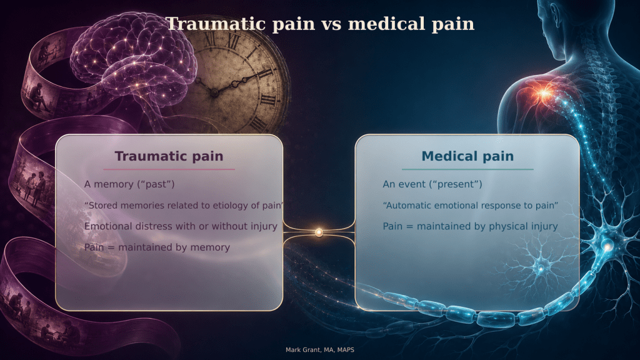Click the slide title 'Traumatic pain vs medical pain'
coord(320,24)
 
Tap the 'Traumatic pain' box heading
coord(169,156)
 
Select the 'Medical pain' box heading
coord(467,156)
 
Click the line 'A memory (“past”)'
coord(129,184)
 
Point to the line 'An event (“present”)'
coord(432,184)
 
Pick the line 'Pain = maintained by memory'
coord(157,247)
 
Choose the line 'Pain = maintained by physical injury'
coord(470,226)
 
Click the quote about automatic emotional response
coord(470,205)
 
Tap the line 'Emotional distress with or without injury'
coord(181,226)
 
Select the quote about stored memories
coord(183,205)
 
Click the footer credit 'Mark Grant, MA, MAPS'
coord(320,350)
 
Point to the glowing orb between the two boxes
coord(319,232)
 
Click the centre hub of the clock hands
coord(214,93)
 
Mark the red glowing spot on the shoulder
coord(544,94)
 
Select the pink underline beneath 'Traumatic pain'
coord(169,169)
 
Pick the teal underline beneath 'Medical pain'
coord(467,169)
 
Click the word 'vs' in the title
coord(331,24)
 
